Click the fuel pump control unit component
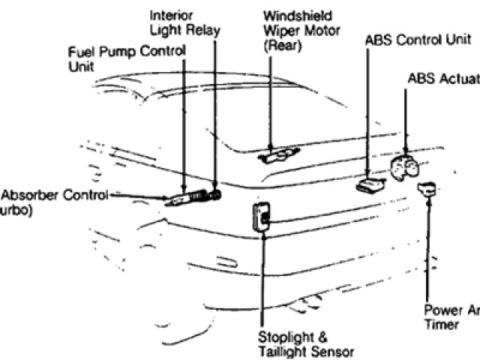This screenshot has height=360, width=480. pos(183,198)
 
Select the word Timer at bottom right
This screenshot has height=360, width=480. pos(440,324)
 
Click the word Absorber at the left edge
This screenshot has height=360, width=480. pos(31,196)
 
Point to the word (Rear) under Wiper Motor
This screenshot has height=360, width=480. pos(281,45)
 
